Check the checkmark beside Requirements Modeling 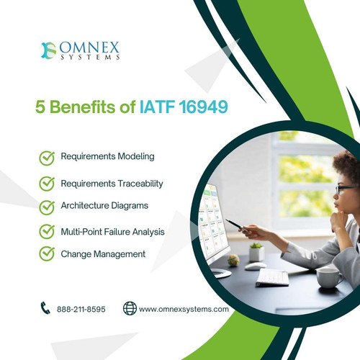pyautogui.click(x=47, y=157)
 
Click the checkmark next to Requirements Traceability pyautogui.click(x=47, y=183)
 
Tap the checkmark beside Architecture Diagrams pyautogui.click(x=47, y=207)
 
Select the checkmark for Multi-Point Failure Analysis pyautogui.click(x=47, y=231)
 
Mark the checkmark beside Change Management pyautogui.click(x=47, y=253)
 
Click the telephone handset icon pyautogui.click(x=45, y=308)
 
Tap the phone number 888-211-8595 pyautogui.click(x=82, y=309)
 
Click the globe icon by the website pyautogui.click(x=130, y=308)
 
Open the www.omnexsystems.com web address pyautogui.click(x=184, y=309)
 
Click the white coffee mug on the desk pyautogui.click(x=328, y=276)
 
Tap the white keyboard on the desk pyautogui.click(x=271, y=277)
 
